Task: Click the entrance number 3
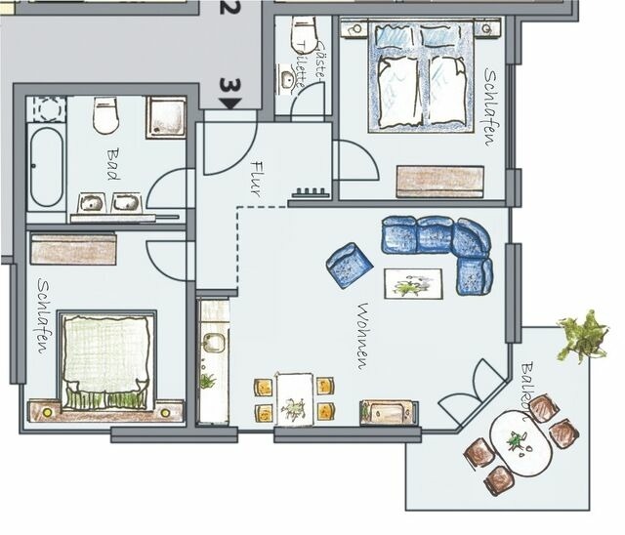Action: pos(229,86)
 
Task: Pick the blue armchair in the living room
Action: pos(350,264)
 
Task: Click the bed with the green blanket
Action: pos(106,360)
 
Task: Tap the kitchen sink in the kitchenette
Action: pos(212,343)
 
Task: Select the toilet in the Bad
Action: pos(105,116)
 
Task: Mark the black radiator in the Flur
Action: pos(312,192)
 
